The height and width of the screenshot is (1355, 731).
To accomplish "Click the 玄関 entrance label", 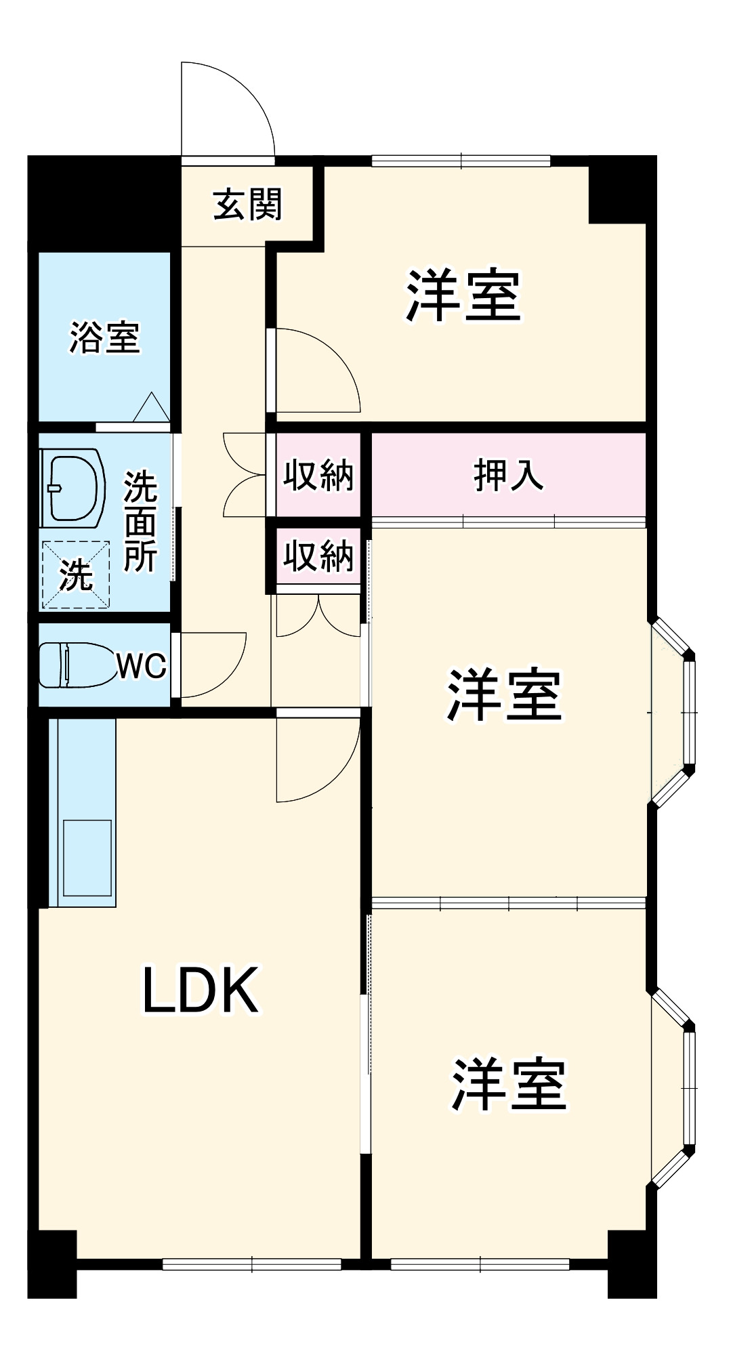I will [247, 204].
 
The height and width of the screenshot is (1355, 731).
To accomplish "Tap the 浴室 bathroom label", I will [104, 337].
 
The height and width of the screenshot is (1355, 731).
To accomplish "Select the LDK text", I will [201, 991].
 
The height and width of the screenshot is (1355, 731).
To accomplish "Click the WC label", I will [142, 666].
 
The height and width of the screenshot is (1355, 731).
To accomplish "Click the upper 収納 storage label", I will [318, 475].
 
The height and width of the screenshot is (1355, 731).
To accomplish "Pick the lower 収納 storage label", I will [318, 556].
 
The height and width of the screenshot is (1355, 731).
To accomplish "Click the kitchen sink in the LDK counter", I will [87, 858].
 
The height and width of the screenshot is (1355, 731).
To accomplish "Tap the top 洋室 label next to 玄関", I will [464, 296].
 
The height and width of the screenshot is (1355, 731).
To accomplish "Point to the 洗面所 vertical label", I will [140, 520].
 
